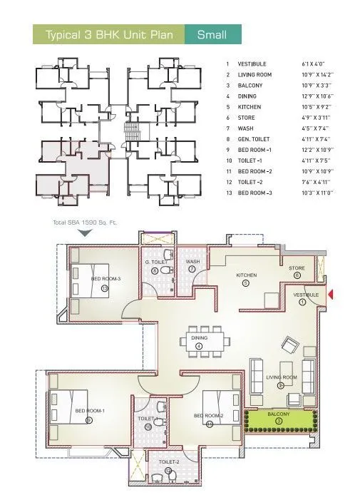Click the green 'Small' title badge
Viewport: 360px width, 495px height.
(x=212, y=34)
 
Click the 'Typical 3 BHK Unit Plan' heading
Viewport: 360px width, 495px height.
(x=110, y=34)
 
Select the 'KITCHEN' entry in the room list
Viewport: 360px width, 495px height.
(x=249, y=107)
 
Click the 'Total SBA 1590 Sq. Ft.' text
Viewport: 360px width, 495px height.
(x=85, y=223)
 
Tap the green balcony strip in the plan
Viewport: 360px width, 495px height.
(x=278, y=422)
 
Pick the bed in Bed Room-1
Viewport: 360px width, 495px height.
(x=68, y=409)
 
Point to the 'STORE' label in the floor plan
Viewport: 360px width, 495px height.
(x=297, y=269)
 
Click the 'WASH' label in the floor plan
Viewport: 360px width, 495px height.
(x=192, y=262)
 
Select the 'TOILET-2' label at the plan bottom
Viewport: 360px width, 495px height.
(x=169, y=462)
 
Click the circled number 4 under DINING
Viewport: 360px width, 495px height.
(x=199, y=347)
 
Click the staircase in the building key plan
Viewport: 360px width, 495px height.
(x=129, y=131)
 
